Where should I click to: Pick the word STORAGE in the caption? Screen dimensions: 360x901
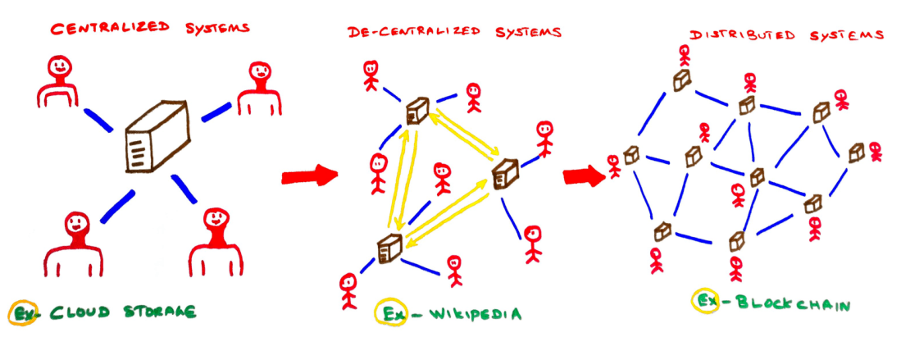point(161,312)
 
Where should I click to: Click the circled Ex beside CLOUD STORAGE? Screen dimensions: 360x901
point(21,312)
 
